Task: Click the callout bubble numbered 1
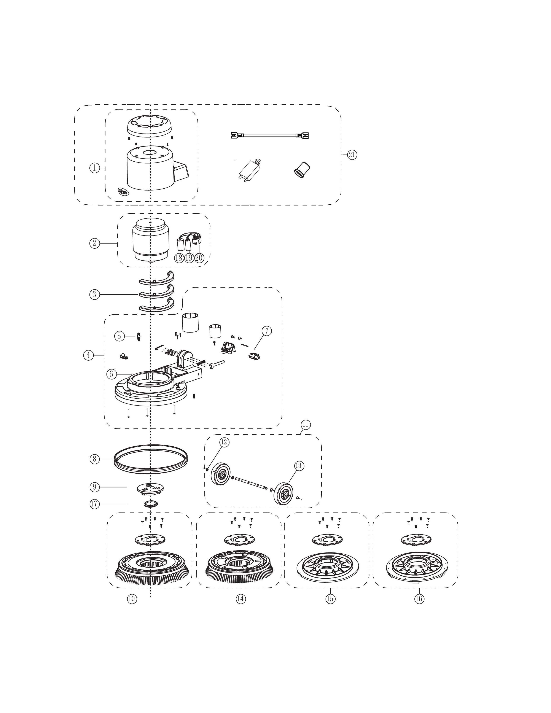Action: pyautogui.click(x=94, y=168)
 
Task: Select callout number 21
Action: pyautogui.click(x=352, y=154)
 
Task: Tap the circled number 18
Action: pyautogui.click(x=178, y=258)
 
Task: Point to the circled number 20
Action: pyautogui.click(x=199, y=258)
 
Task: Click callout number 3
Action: pyautogui.click(x=94, y=294)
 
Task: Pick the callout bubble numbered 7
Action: pyautogui.click(x=266, y=331)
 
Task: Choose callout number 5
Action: pyautogui.click(x=119, y=336)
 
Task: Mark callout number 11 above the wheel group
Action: pyautogui.click(x=305, y=425)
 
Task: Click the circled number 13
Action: pyautogui.click(x=299, y=466)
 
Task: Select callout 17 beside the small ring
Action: pyautogui.click(x=94, y=504)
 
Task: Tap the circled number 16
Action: pyautogui.click(x=419, y=599)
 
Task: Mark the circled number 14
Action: pyautogui.click(x=240, y=599)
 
